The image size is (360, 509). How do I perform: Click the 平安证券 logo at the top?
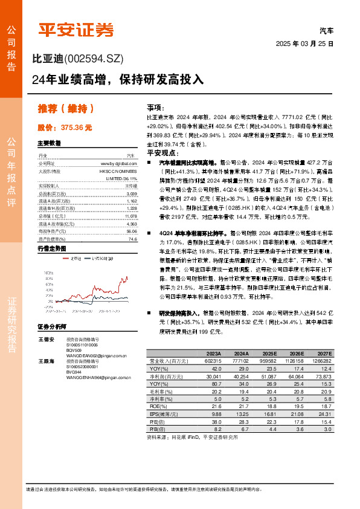coord(76,29)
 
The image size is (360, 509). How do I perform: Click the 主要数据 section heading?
coord(50,144)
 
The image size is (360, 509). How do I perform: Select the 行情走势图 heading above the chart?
coord(52,248)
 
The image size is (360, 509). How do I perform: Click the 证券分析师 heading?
coord(52,326)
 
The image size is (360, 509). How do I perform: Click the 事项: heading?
coord(156,106)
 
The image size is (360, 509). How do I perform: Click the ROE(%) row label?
coord(156,406)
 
